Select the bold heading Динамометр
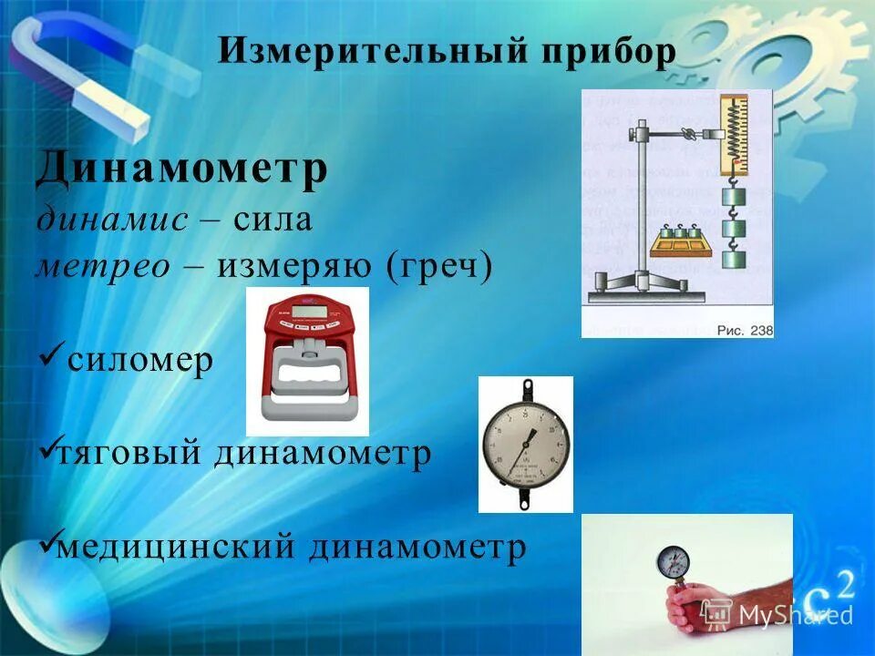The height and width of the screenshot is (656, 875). coord(181,170)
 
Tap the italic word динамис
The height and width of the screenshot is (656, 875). coord(112,219)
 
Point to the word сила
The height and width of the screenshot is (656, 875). coord(273,219)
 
